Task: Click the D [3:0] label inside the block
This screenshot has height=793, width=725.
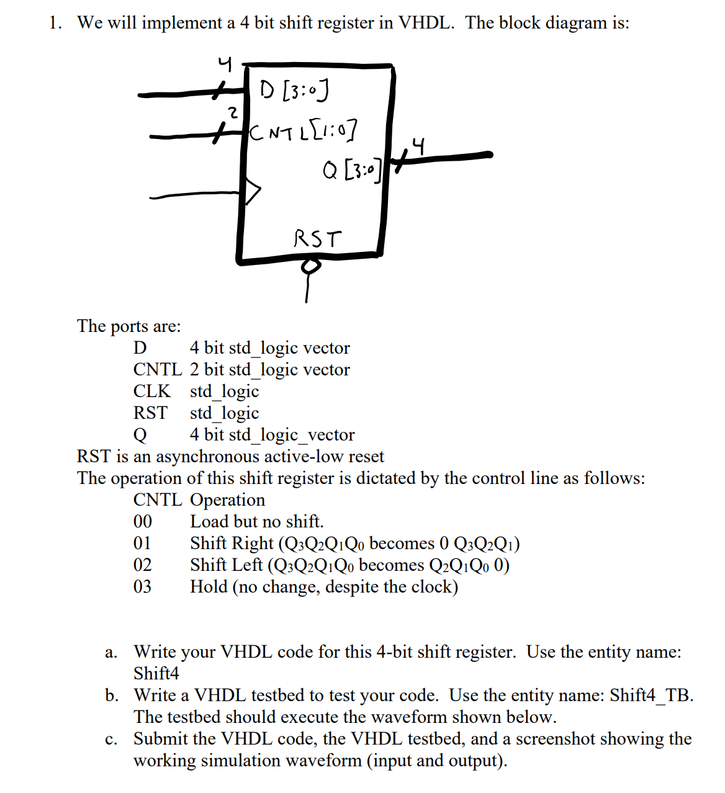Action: click(294, 91)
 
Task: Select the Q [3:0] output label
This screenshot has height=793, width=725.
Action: click(351, 169)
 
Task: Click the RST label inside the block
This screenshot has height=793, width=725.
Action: click(317, 238)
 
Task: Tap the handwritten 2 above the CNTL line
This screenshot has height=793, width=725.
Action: click(232, 113)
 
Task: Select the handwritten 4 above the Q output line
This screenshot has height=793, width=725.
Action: click(420, 147)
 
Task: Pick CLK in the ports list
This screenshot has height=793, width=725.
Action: click(151, 392)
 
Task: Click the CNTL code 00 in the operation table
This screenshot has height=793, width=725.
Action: click(142, 522)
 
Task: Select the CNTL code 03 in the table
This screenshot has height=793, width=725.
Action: click(142, 587)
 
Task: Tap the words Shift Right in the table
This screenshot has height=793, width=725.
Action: click(232, 544)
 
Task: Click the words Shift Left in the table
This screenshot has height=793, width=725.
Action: click(226, 565)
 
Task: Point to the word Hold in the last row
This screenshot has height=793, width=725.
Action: click(209, 587)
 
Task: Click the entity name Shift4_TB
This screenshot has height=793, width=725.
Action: click(651, 696)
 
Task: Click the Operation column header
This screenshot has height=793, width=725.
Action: click(227, 500)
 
